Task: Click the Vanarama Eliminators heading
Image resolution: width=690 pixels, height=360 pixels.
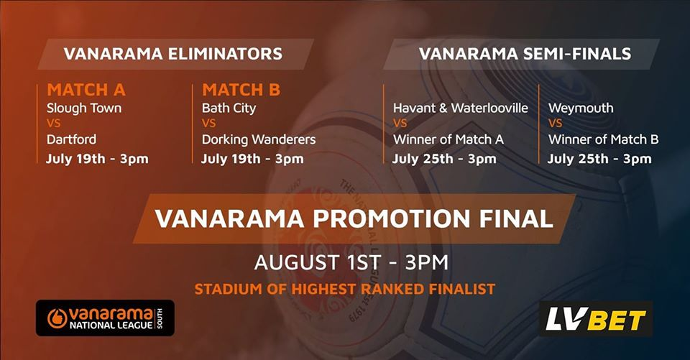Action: pyautogui.click(x=173, y=54)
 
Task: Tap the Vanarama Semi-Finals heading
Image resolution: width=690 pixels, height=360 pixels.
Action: pyautogui.click(x=525, y=54)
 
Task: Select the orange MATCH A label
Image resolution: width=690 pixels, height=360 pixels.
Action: pyautogui.click(x=86, y=90)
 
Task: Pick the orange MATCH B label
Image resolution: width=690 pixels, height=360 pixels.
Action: pyautogui.click(x=241, y=90)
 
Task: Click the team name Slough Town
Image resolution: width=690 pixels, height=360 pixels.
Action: pyautogui.click(x=84, y=109)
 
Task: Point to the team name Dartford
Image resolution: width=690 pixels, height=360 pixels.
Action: pyautogui.click(x=71, y=139)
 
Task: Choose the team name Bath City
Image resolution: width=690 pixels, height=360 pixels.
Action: pyautogui.click(x=229, y=109)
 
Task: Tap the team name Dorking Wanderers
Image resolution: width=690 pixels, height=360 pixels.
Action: pyautogui.click(x=259, y=139)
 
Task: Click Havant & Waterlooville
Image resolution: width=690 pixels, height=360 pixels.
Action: pyautogui.click(x=460, y=108)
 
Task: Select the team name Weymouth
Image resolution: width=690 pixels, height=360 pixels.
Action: pyautogui.click(x=581, y=109)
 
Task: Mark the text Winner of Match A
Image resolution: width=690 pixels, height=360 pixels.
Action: pyautogui.click(x=448, y=139)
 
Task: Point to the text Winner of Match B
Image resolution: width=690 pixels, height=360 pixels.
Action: pyautogui.click(x=603, y=139)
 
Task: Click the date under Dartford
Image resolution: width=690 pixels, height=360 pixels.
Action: pyautogui.click(x=97, y=159)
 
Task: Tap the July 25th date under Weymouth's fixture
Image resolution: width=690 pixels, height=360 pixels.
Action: pyautogui.click(x=599, y=159)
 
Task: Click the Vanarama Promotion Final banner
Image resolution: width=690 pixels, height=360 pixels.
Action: pyautogui.click(x=354, y=218)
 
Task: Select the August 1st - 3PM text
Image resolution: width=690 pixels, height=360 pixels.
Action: pyautogui.click(x=351, y=263)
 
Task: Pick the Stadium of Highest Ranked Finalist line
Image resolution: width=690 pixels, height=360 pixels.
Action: pyautogui.click(x=345, y=289)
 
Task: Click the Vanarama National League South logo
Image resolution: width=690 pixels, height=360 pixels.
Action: pyautogui.click(x=105, y=318)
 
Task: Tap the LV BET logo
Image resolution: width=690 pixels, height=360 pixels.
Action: pyautogui.click(x=596, y=319)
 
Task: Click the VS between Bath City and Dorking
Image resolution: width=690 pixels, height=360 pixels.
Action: pyautogui.click(x=208, y=123)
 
